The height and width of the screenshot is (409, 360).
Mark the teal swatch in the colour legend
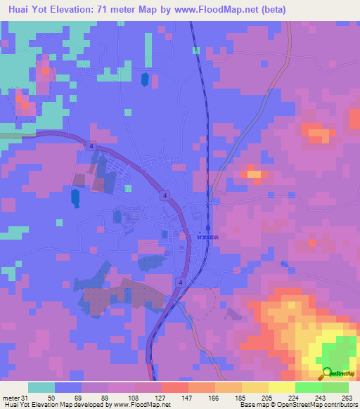[41, 387]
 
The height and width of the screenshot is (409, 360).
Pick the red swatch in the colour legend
[175, 387]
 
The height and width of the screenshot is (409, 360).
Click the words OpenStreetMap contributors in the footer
[323, 405]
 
